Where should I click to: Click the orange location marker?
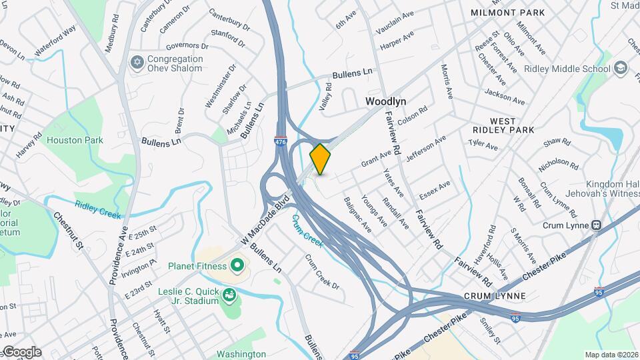click(x=321, y=158)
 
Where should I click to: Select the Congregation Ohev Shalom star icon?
click(x=138, y=63)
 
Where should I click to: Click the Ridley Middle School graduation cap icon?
click(x=621, y=69)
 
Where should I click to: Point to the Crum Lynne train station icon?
click(x=597, y=225)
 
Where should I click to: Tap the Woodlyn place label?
click(x=386, y=101)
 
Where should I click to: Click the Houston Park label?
click(x=75, y=140)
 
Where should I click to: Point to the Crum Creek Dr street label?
click(x=322, y=272)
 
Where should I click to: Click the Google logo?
click(x=21, y=352)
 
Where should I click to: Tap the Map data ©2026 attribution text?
click(x=611, y=355)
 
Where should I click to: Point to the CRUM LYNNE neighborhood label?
click(x=496, y=295)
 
